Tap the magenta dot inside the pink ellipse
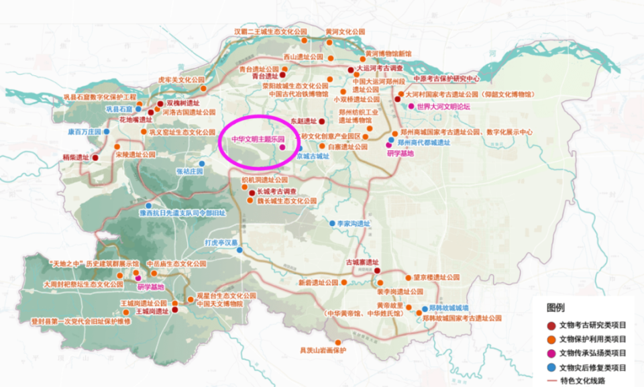coord(282,146)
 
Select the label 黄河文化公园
coord(345,32)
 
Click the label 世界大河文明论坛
coord(443,107)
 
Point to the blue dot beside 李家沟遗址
coord(332,223)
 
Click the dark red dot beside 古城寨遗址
coord(377,270)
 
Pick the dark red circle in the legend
coord(551,325)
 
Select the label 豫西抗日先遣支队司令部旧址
coord(182,213)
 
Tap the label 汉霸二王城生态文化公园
coord(270,32)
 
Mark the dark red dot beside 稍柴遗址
coord(95,158)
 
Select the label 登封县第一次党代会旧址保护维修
coord(81,321)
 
